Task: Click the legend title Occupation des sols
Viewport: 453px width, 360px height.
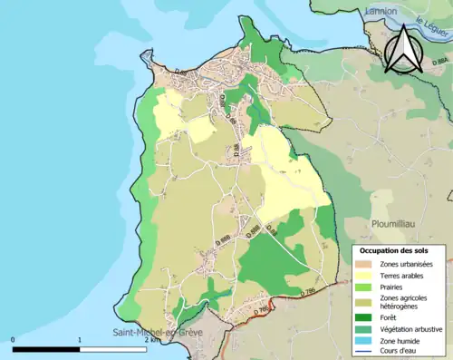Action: (395, 249)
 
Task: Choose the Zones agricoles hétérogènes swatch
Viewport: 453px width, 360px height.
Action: (367, 302)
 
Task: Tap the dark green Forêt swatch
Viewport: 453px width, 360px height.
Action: (367, 318)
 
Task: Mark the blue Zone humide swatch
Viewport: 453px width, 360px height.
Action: (367, 342)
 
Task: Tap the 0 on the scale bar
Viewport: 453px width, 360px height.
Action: (14, 341)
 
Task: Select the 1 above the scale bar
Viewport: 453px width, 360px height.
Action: (80, 341)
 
